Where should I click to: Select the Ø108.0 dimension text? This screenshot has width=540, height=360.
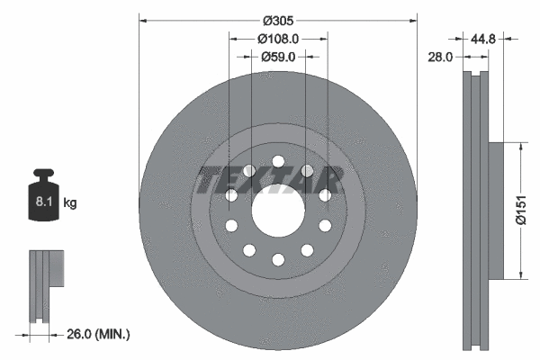(x=278, y=39)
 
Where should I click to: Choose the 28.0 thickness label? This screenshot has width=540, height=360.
(x=442, y=56)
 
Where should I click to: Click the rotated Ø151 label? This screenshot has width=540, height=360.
(x=520, y=211)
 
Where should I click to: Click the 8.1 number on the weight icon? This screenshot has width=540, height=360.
(x=41, y=202)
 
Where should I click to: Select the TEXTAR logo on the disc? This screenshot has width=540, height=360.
(x=270, y=180)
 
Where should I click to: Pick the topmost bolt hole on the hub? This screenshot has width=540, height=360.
(x=278, y=162)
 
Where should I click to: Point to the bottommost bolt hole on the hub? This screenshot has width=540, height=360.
(x=278, y=259)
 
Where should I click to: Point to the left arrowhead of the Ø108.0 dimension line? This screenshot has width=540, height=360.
(x=232, y=38)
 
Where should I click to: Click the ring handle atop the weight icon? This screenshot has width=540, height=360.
(x=41, y=175)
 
